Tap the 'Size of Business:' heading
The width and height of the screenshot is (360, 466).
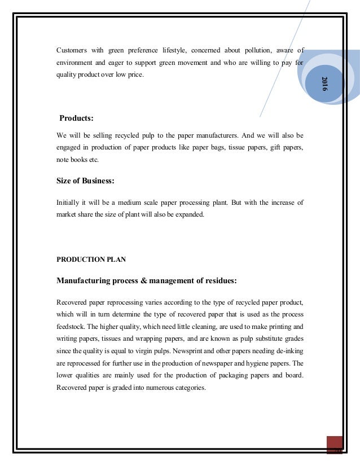[86, 181]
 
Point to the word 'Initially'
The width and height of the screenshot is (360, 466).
[69, 201]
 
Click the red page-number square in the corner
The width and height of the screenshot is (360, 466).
[335, 445]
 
